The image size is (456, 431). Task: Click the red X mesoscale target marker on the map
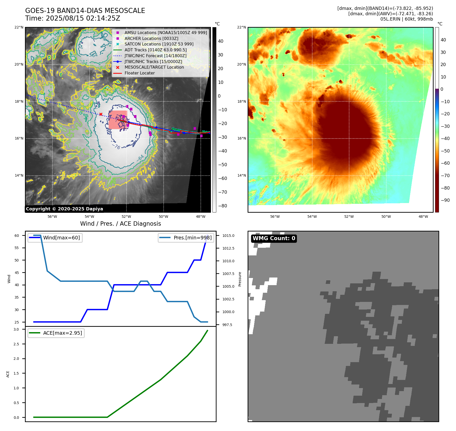coord(101,114)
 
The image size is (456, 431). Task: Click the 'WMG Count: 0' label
coord(274,238)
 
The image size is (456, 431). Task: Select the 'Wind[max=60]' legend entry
coord(61,238)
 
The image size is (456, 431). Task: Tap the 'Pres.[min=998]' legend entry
coord(192,238)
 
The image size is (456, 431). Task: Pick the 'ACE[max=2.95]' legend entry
coord(62,333)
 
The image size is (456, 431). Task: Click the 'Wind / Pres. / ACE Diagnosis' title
coord(121,224)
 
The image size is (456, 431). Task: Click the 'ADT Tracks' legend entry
coord(155,50)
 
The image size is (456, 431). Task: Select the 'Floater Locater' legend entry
coord(139,73)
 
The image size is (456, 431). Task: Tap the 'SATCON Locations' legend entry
coord(159,44)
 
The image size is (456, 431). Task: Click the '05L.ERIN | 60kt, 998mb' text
coord(406,19)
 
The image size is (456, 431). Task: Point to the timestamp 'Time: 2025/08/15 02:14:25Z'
coord(73,18)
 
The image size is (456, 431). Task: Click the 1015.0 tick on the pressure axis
coord(228,236)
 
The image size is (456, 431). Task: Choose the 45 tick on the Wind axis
coord(17,273)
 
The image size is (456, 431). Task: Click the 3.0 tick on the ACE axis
coord(16,329)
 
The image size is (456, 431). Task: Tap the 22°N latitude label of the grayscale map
coord(19,27)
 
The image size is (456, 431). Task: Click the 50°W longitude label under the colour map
coord(386,217)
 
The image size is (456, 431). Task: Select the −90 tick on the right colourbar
coord(445,200)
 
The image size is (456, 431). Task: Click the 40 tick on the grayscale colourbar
coord(220,41)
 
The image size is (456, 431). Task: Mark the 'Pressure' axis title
coord(240,279)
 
